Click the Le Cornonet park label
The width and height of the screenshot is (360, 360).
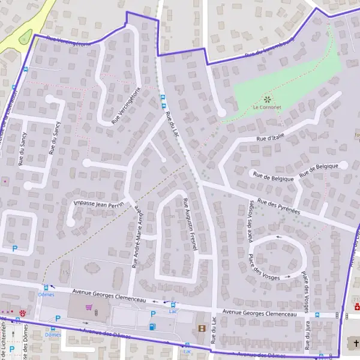point(266,108)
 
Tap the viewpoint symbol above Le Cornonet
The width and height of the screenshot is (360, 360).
point(267,98)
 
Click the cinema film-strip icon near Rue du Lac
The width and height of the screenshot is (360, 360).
point(202,328)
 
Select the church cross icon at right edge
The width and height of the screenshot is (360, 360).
point(355,343)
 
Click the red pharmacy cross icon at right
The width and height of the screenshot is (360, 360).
point(356,307)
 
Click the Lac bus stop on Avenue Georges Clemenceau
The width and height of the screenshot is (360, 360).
point(173,305)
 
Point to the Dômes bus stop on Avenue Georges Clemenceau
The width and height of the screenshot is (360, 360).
point(46,289)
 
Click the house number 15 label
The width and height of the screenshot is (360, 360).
point(65,273)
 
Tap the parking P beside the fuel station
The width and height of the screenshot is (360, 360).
point(152,314)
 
